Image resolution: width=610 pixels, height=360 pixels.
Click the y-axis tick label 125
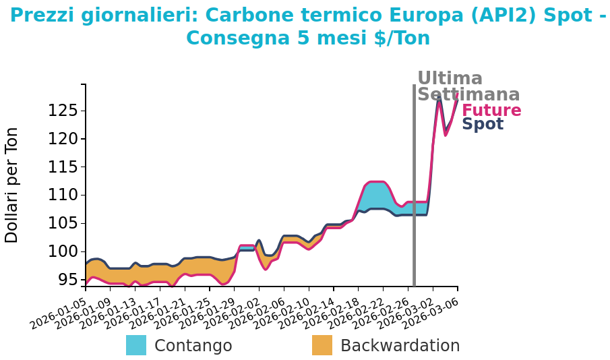click(x=62, y=111)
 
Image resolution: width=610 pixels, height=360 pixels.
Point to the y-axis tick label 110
click(x=62, y=196)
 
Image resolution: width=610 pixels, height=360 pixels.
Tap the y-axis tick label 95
click(x=67, y=280)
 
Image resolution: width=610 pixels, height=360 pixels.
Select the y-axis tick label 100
click(x=62, y=251)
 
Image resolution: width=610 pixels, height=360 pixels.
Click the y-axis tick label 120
click(x=62, y=139)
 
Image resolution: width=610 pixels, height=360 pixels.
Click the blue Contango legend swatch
click(x=136, y=345)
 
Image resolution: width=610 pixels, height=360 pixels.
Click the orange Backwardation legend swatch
click(x=322, y=345)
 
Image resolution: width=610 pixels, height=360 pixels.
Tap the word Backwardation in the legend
click(x=400, y=346)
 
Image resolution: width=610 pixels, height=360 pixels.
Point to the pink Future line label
click(x=491, y=111)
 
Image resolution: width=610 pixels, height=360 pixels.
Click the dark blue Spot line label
click(x=483, y=124)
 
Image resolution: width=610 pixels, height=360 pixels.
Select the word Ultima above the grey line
click(x=450, y=79)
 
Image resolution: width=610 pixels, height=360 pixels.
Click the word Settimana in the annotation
click(x=468, y=95)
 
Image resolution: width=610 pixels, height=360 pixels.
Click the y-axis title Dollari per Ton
click(x=12, y=185)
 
